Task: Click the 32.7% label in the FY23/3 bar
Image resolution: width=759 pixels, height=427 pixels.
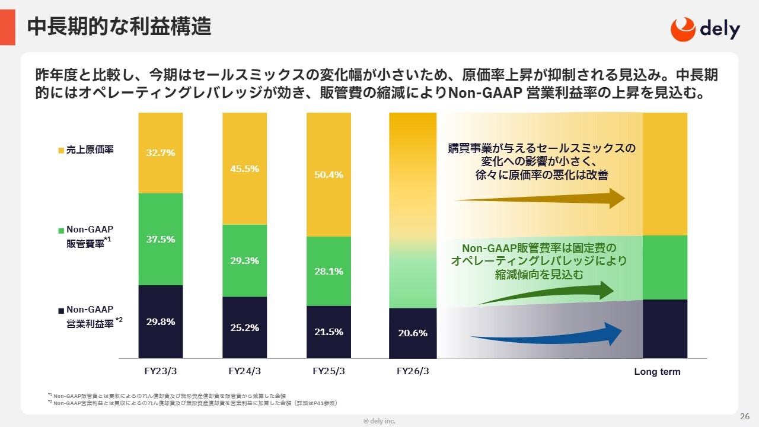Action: (x=160, y=152)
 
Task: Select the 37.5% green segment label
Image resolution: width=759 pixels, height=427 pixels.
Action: (x=160, y=240)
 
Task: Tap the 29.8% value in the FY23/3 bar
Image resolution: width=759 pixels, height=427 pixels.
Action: (x=160, y=322)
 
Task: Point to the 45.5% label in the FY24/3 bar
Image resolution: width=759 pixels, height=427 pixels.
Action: (x=244, y=168)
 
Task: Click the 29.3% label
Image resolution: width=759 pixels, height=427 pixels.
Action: (x=244, y=260)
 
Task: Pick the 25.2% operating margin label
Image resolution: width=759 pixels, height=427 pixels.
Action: (x=244, y=327)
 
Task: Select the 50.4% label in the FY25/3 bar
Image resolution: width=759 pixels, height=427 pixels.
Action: (x=329, y=174)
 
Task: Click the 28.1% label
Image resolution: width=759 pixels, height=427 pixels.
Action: (x=329, y=271)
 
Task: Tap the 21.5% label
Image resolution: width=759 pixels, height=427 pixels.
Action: (x=329, y=332)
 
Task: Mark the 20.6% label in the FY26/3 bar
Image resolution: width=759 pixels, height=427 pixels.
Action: (x=413, y=333)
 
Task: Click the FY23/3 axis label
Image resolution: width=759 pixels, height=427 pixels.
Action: (x=161, y=372)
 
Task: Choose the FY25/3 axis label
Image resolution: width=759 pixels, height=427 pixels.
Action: (x=329, y=372)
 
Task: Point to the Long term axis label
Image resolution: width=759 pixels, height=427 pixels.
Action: (x=657, y=372)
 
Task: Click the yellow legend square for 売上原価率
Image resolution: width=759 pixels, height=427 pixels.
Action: (x=60, y=151)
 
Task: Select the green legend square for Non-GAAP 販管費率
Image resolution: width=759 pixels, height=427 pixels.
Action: (x=60, y=230)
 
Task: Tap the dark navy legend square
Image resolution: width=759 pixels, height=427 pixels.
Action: (x=60, y=310)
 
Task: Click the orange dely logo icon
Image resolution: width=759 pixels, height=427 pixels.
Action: (x=683, y=28)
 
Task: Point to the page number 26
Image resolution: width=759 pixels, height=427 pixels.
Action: (x=745, y=416)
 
